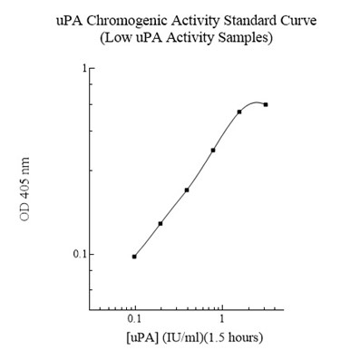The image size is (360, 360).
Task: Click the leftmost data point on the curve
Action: (x=134, y=257)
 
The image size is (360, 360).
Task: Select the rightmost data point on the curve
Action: (x=266, y=104)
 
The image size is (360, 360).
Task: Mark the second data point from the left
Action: (x=161, y=223)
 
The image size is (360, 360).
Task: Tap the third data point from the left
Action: (x=187, y=190)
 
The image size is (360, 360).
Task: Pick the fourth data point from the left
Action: (x=213, y=150)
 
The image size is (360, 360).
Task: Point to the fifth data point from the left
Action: (x=239, y=112)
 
